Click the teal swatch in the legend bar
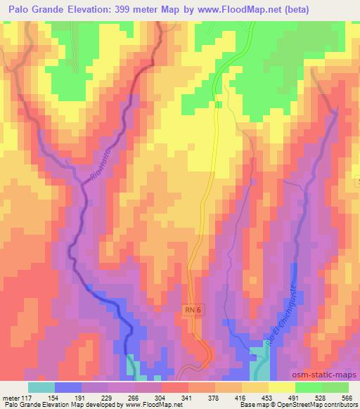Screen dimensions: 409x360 tap(41, 387)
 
